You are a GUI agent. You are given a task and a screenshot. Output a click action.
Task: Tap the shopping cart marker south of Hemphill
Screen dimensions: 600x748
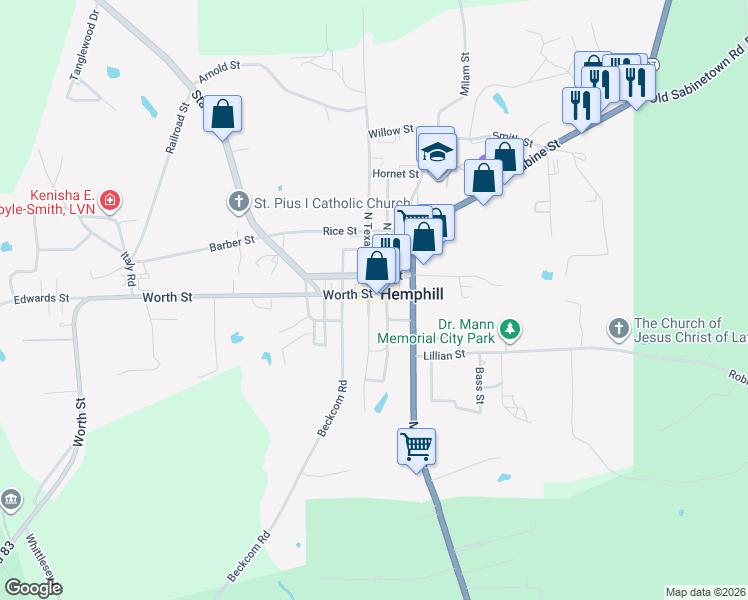416,446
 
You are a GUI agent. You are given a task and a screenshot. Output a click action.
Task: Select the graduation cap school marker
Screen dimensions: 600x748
437,153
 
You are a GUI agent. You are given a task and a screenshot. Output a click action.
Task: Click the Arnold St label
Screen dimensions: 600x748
220,72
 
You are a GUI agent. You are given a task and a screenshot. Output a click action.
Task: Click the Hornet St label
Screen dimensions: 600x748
395,173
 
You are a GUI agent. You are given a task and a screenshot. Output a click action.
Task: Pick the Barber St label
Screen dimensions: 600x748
232,243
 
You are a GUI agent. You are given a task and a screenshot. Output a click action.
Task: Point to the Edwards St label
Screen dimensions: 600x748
41,298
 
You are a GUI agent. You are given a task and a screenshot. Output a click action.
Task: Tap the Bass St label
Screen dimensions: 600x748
480,385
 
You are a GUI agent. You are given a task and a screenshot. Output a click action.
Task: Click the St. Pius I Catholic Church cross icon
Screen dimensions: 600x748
238,203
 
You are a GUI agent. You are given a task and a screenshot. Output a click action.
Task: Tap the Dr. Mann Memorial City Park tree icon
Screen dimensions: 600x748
509,328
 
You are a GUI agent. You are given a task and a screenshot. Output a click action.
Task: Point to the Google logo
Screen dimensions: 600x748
33,588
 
